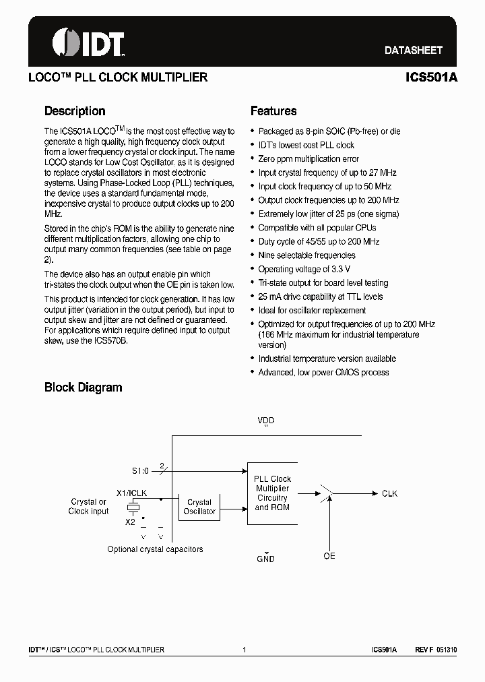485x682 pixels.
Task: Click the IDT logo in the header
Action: point(88,43)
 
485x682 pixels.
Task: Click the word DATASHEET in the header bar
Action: point(413,50)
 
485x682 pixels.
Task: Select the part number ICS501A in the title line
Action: point(431,77)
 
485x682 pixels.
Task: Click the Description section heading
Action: point(75,111)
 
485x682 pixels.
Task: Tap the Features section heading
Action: point(273,111)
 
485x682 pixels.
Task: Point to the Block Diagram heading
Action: point(83,387)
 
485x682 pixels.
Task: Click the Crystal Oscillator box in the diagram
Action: point(199,507)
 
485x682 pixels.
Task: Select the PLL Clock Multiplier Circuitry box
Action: point(271,493)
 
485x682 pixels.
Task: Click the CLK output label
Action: point(389,494)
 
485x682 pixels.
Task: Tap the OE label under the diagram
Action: point(329,556)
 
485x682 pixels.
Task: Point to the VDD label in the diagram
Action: point(266,421)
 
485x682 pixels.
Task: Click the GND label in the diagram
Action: point(265,559)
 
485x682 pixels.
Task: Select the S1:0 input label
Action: point(141,471)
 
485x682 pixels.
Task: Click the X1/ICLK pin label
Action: point(132,493)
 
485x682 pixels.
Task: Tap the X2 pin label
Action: point(130,522)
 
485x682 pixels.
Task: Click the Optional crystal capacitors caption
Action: point(155,549)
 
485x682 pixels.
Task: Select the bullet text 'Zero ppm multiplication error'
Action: point(309,159)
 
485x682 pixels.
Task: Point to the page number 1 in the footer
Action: point(244,650)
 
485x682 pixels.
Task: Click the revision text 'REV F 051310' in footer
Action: point(436,650)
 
